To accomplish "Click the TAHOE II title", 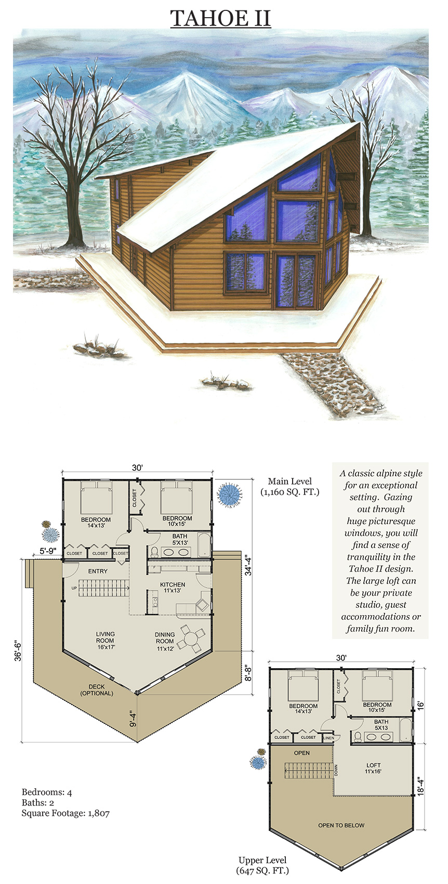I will (x=220, y=18).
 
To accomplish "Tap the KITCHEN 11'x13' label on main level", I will (x=173, y=588).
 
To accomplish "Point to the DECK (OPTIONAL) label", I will (x=97, y=690).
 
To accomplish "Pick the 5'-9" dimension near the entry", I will (x=47, y=551).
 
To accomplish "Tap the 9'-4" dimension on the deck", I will (x=133, y=718).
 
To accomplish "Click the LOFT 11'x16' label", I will (x=373, y=768).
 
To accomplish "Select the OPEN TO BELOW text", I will (x=341, y=825).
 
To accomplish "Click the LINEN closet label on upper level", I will (x=328, y=737).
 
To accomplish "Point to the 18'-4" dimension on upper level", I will (x=420, y=783).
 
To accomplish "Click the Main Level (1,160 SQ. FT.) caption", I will (x=290, y=486).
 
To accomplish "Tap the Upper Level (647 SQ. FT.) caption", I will (x=262, y=865).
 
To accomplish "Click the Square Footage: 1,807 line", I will (x=65, y=813).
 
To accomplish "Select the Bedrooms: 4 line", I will (x=47, y=792).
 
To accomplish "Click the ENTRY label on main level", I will (x=98, y=571).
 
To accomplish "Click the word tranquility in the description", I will (x=381, y=557).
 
